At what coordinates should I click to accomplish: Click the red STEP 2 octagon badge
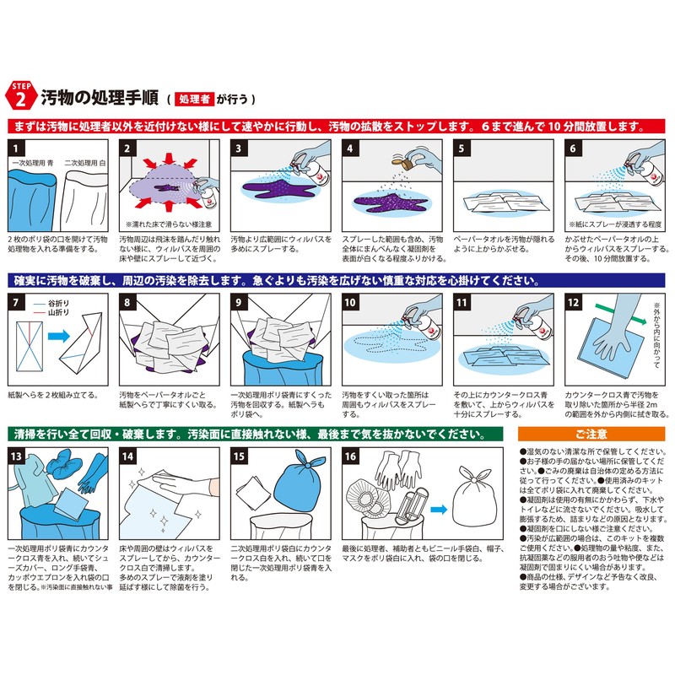point(22,94)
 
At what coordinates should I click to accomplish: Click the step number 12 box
point(574,301)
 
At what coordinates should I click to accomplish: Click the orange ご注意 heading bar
point(591,435)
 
